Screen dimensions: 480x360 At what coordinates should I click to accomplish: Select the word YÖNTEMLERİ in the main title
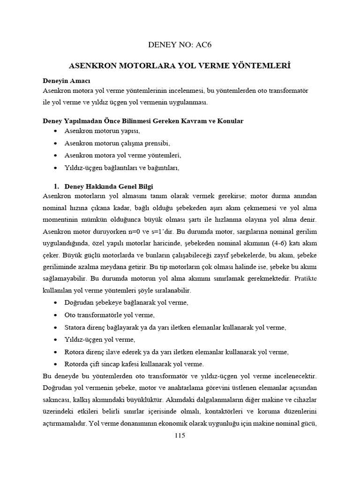pos(263,66)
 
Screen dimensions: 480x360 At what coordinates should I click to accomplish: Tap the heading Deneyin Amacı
pos(63,80)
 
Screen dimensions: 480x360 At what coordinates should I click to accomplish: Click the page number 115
pos(180,435)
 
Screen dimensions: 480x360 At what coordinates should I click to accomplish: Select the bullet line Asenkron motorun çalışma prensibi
pos(117,143)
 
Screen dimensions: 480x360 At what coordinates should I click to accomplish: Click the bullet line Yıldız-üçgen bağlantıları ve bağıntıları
pos(122,167)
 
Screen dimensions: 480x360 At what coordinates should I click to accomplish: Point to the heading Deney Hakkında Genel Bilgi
pos(109,186)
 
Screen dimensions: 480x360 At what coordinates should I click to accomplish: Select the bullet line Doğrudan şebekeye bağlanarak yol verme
pos(126,303)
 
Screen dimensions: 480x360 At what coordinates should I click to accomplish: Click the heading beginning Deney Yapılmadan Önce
pos(143,121)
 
